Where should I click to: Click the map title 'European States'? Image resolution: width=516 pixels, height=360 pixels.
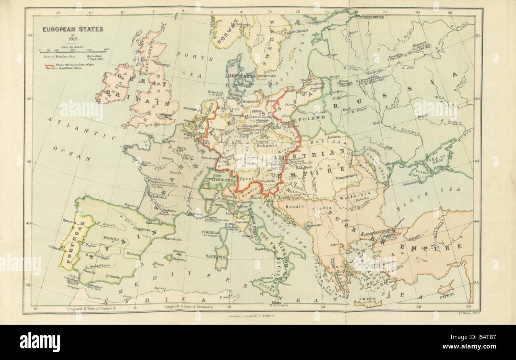(73, 29)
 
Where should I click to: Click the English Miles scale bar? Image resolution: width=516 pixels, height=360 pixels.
(74, 52)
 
